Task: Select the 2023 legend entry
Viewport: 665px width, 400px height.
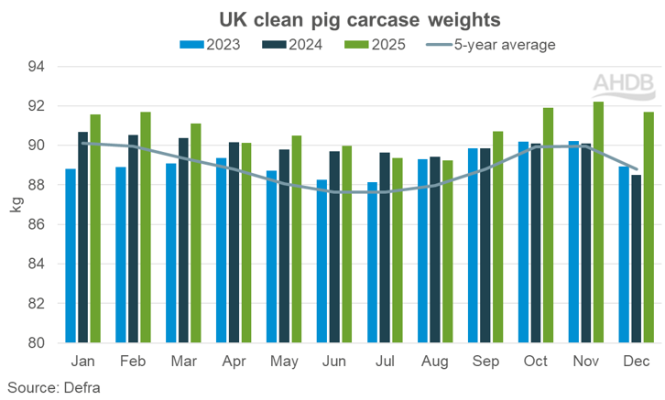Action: [x=211, y=43]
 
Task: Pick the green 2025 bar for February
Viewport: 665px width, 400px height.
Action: [x=146, y=228]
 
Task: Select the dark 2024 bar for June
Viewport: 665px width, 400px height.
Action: [x=334, y=247]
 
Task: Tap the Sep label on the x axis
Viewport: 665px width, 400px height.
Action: [x=485, y=361]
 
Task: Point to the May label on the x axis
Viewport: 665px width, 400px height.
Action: [x=284, y=361]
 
